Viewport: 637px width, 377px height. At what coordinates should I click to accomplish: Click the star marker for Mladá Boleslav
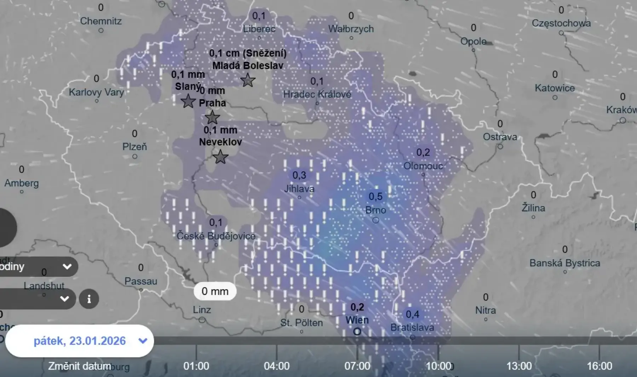click(248, 80)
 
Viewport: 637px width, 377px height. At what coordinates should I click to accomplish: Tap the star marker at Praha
click(212, 117)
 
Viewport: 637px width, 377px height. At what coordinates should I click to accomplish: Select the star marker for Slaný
click(188, 101)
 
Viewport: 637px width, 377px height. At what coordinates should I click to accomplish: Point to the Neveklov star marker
click(220, 157)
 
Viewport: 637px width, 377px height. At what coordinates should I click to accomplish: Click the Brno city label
click(375, 210)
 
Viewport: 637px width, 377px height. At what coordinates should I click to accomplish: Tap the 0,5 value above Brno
click(375, 196)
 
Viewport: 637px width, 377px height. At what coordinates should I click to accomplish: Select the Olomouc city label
click(423, 166)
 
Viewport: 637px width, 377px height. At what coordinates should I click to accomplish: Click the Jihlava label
click(299, 188)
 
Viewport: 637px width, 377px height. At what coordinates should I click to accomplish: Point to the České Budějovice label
click(216, 236)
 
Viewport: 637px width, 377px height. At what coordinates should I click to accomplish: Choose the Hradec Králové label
click(317, 94)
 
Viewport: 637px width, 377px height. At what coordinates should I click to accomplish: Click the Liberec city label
click(259, 29)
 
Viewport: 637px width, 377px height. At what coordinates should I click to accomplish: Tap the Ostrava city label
click(500, 137)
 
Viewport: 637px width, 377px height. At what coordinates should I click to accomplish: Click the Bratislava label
click(412, 327)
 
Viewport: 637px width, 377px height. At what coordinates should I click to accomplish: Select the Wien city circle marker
click(357, 332)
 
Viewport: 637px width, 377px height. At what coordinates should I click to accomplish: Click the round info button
click(89, 299)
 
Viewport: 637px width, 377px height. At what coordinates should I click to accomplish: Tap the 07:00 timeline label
click(357, 366)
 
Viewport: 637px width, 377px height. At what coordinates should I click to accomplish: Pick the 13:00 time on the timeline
click(519, 366)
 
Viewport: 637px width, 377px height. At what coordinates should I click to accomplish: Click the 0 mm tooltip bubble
click(215, 291)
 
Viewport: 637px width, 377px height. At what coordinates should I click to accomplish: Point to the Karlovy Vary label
click(96, 92)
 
